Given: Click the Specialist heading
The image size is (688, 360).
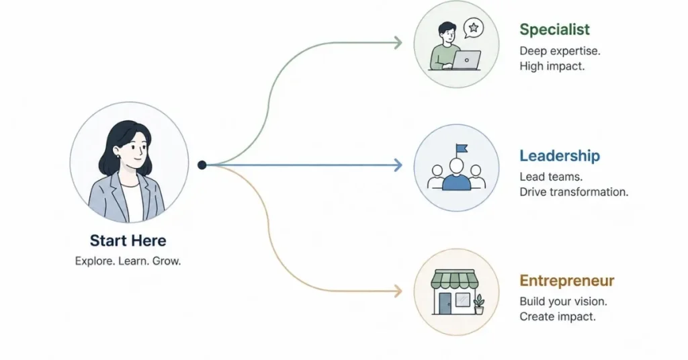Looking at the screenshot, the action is point(554,30).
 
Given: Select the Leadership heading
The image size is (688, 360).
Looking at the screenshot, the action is point(560,156).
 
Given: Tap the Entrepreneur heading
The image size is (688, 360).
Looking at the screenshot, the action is point(567,281).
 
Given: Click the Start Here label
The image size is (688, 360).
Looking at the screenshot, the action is point(128,240).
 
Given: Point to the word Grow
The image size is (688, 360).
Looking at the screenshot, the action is point(167,261).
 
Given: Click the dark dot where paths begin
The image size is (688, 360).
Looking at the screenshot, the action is point(202,165).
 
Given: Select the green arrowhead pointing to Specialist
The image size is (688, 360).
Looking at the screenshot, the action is point(398,43).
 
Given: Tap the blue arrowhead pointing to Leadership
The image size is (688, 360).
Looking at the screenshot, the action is point(398,165).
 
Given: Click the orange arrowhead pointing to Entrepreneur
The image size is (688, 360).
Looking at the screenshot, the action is point(398,291).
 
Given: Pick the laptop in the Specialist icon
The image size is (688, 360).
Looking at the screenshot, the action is point(466,60).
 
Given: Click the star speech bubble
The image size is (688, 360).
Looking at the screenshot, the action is point(474,28).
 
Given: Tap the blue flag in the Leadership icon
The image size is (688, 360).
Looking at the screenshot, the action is point(462,148).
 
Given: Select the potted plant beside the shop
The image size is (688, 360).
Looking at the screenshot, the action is point(478,304).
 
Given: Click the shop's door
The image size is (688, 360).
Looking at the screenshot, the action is point(445,304).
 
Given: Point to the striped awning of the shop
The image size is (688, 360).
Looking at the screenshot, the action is point(454,279).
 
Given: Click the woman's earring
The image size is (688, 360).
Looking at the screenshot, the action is point(118,156).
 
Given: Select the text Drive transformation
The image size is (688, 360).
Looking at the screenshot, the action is point(574,192).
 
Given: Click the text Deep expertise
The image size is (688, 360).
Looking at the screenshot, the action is point(560,51).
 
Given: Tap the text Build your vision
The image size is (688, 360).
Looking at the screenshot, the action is point(564,302).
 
